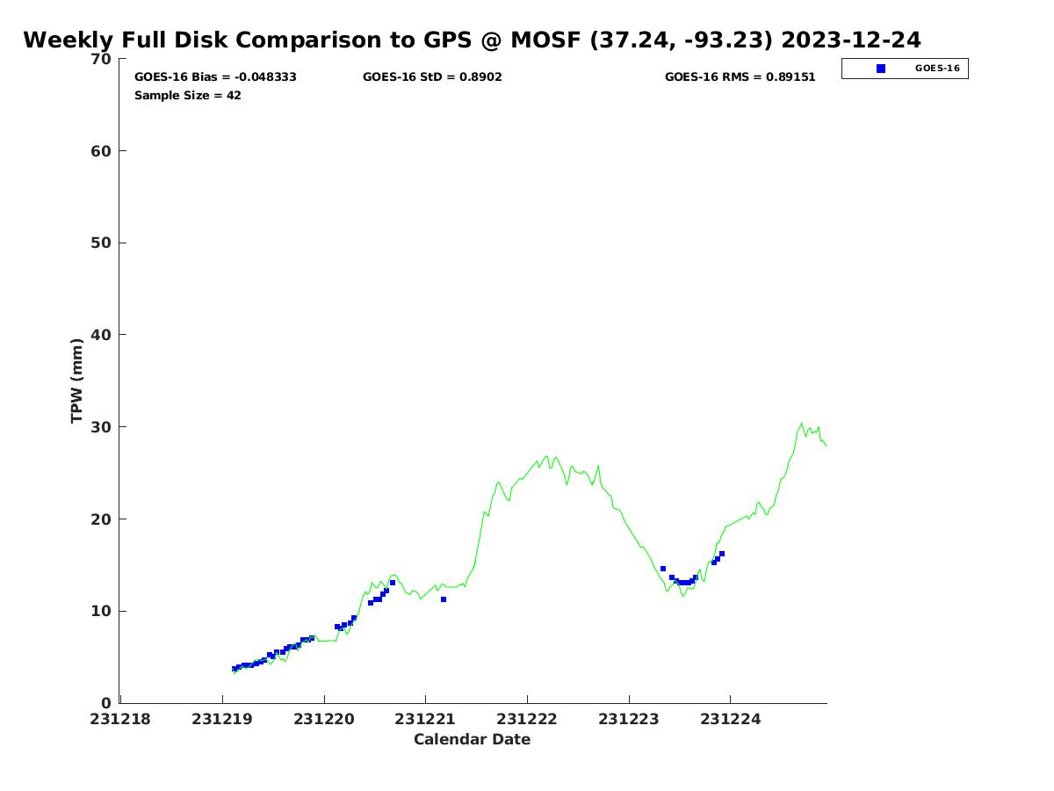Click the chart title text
coord(472,40)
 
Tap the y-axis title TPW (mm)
coord(77,380)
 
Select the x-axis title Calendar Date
coord(472,739)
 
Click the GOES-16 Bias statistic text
coord(215,77)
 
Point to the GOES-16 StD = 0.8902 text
coord(432,77)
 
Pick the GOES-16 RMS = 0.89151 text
coord(740,77)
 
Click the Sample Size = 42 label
coord(187,96)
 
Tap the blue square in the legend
coord(881,69)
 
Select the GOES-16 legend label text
coord(936,69)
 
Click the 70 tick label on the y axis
coord(101,59)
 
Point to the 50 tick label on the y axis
coord(101,243)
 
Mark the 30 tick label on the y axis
coord(101,427)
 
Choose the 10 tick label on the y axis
coord(101,611)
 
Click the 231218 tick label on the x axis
coord(120,719)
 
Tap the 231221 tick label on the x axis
coord(425,719)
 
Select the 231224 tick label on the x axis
coord(730,719)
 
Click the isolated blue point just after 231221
coord(444,599)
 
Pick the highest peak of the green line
coord(801,423)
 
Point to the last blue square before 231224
coord(722,554)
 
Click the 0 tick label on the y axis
coord(107,703)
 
